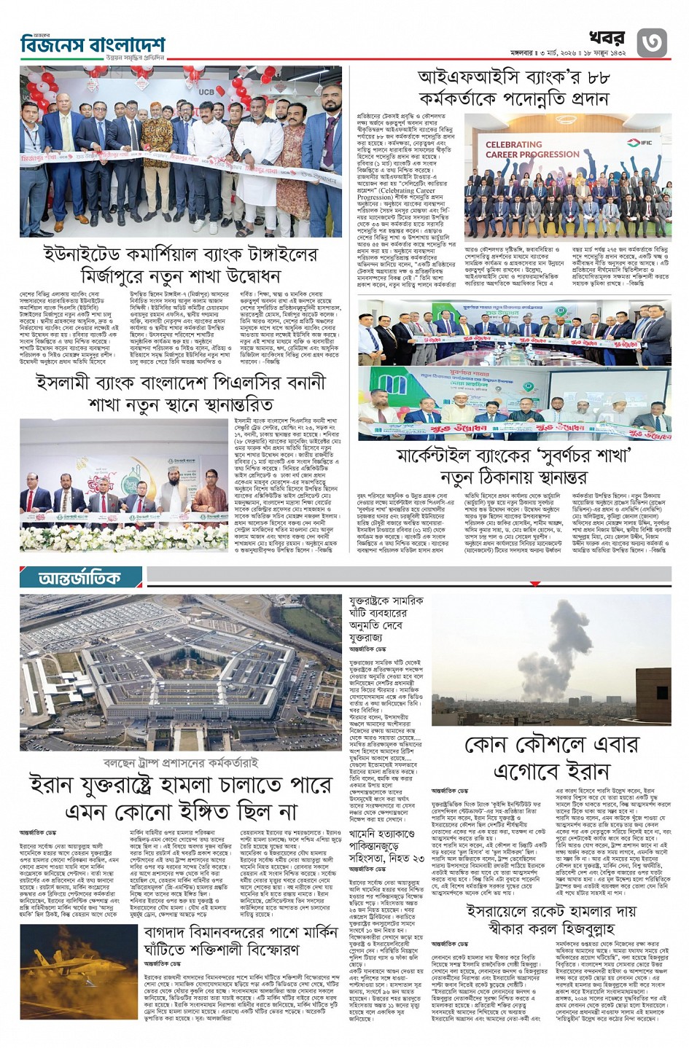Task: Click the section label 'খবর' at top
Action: click(607, 37)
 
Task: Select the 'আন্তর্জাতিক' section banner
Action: click(81, 578)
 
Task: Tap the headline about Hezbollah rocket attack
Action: click(551, 920)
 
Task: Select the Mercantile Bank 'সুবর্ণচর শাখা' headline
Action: click(514, 466)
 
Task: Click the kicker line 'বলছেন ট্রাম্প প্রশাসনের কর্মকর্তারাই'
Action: click(181, 763)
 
